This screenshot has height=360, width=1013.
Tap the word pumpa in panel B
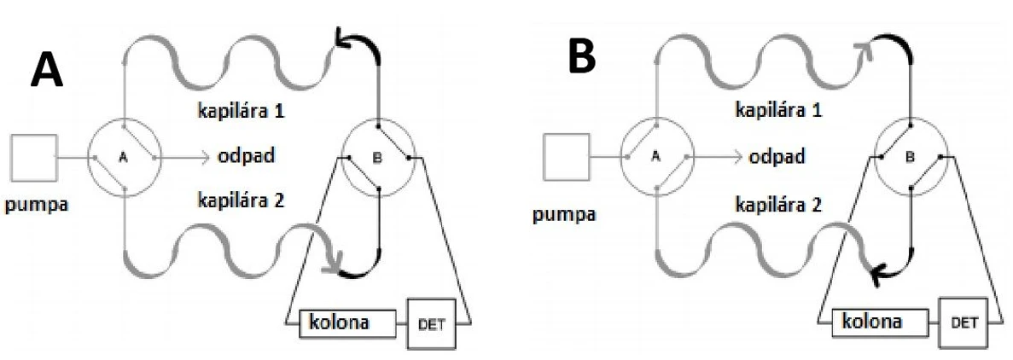566,211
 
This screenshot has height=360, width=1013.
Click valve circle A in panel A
124,158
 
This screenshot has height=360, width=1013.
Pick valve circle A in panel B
655,160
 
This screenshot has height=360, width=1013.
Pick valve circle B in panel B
909,158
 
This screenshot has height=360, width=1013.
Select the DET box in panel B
960,325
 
